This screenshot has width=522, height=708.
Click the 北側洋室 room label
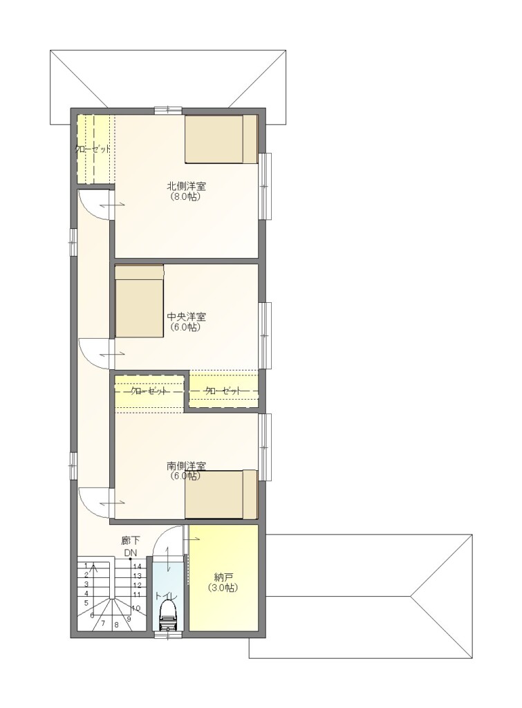187,186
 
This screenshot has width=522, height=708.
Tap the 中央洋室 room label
186,317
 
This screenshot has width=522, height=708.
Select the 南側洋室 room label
186,465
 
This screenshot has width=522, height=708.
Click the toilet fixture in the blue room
168,615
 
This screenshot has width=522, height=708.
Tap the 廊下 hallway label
131,540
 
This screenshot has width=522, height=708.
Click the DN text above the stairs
131,552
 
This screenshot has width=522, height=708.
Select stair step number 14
138,566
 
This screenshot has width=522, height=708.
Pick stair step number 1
86,566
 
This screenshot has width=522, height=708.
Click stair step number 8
116,625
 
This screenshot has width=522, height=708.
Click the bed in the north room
221,139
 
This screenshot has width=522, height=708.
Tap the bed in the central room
139,301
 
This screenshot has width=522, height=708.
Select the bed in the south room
221,494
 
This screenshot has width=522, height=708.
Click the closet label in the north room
92,149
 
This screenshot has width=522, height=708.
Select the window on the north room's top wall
168,110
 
